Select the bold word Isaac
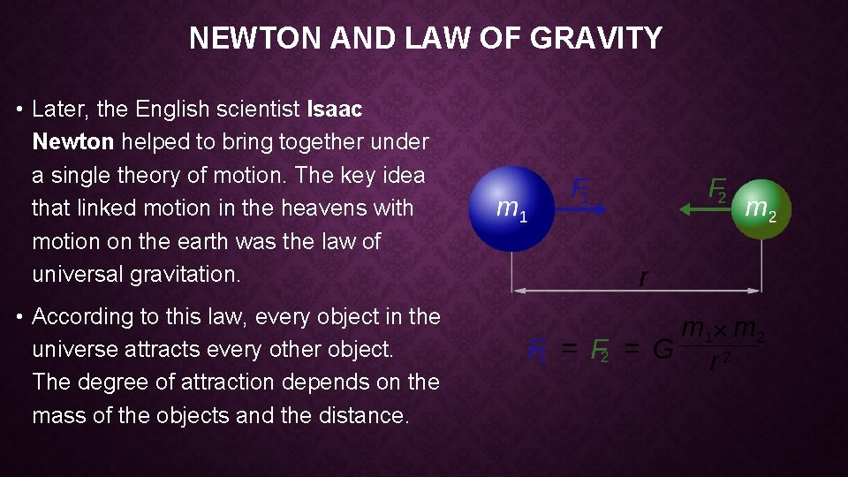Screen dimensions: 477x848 (334, 109)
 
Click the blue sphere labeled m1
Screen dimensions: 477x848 (510, 208)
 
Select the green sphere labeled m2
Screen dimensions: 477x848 (761, 209)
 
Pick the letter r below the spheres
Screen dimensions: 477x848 (643, 277)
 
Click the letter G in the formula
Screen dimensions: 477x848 (662, 350)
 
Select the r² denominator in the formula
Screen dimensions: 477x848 (721, 363)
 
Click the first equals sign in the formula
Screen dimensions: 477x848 (572, 350)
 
